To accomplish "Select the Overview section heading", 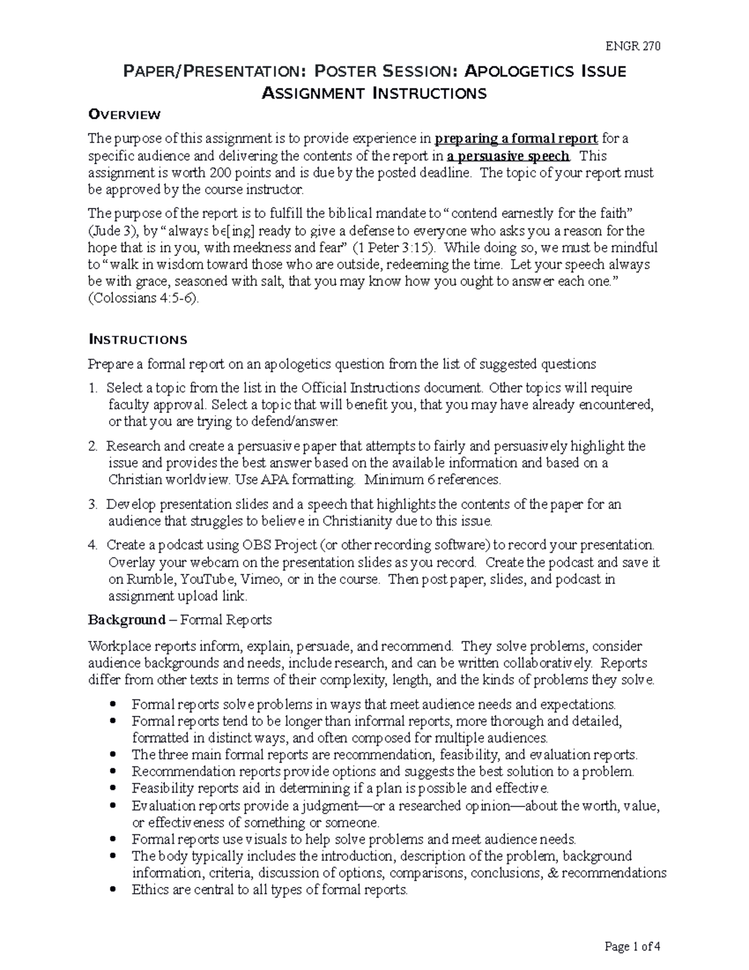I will pos(124,114).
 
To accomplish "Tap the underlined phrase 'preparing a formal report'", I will pos(516,139).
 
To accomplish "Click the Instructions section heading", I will pos(137,340).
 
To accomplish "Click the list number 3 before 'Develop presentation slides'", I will pos(92,504).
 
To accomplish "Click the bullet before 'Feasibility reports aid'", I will pos(113,788).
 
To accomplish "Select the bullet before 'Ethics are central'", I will pos(113,889).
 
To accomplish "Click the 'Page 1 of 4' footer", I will pos(632,946).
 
